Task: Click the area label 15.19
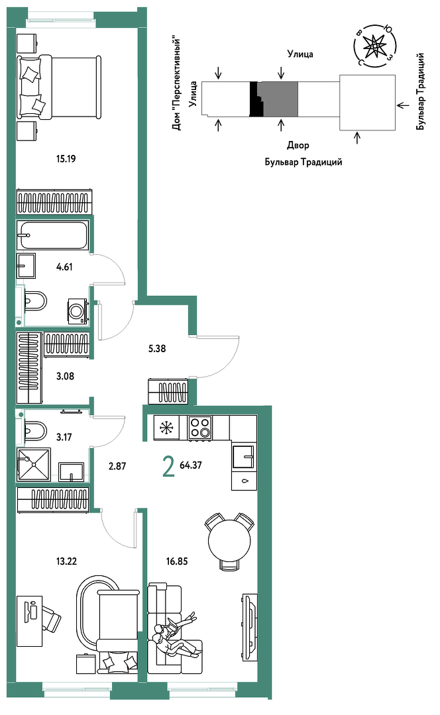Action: click(66, 159)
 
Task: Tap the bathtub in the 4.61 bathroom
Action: click(52, 235)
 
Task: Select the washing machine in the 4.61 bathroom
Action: click(78, 311)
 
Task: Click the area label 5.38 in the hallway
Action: click(157, 348)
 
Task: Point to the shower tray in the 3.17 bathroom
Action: click(33, 464)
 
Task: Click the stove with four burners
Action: click(200, 428)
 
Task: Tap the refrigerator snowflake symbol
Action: click(166, 428)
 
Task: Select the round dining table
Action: click(229, 542)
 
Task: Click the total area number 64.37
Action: click(191, 465)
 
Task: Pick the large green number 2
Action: click(168, 467)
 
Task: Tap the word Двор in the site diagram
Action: click(298, 146)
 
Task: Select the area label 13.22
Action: click(66, 561)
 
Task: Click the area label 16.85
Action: click(177, 561)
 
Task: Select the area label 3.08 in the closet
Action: click(65, 376)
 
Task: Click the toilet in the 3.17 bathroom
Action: click(33, 430)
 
